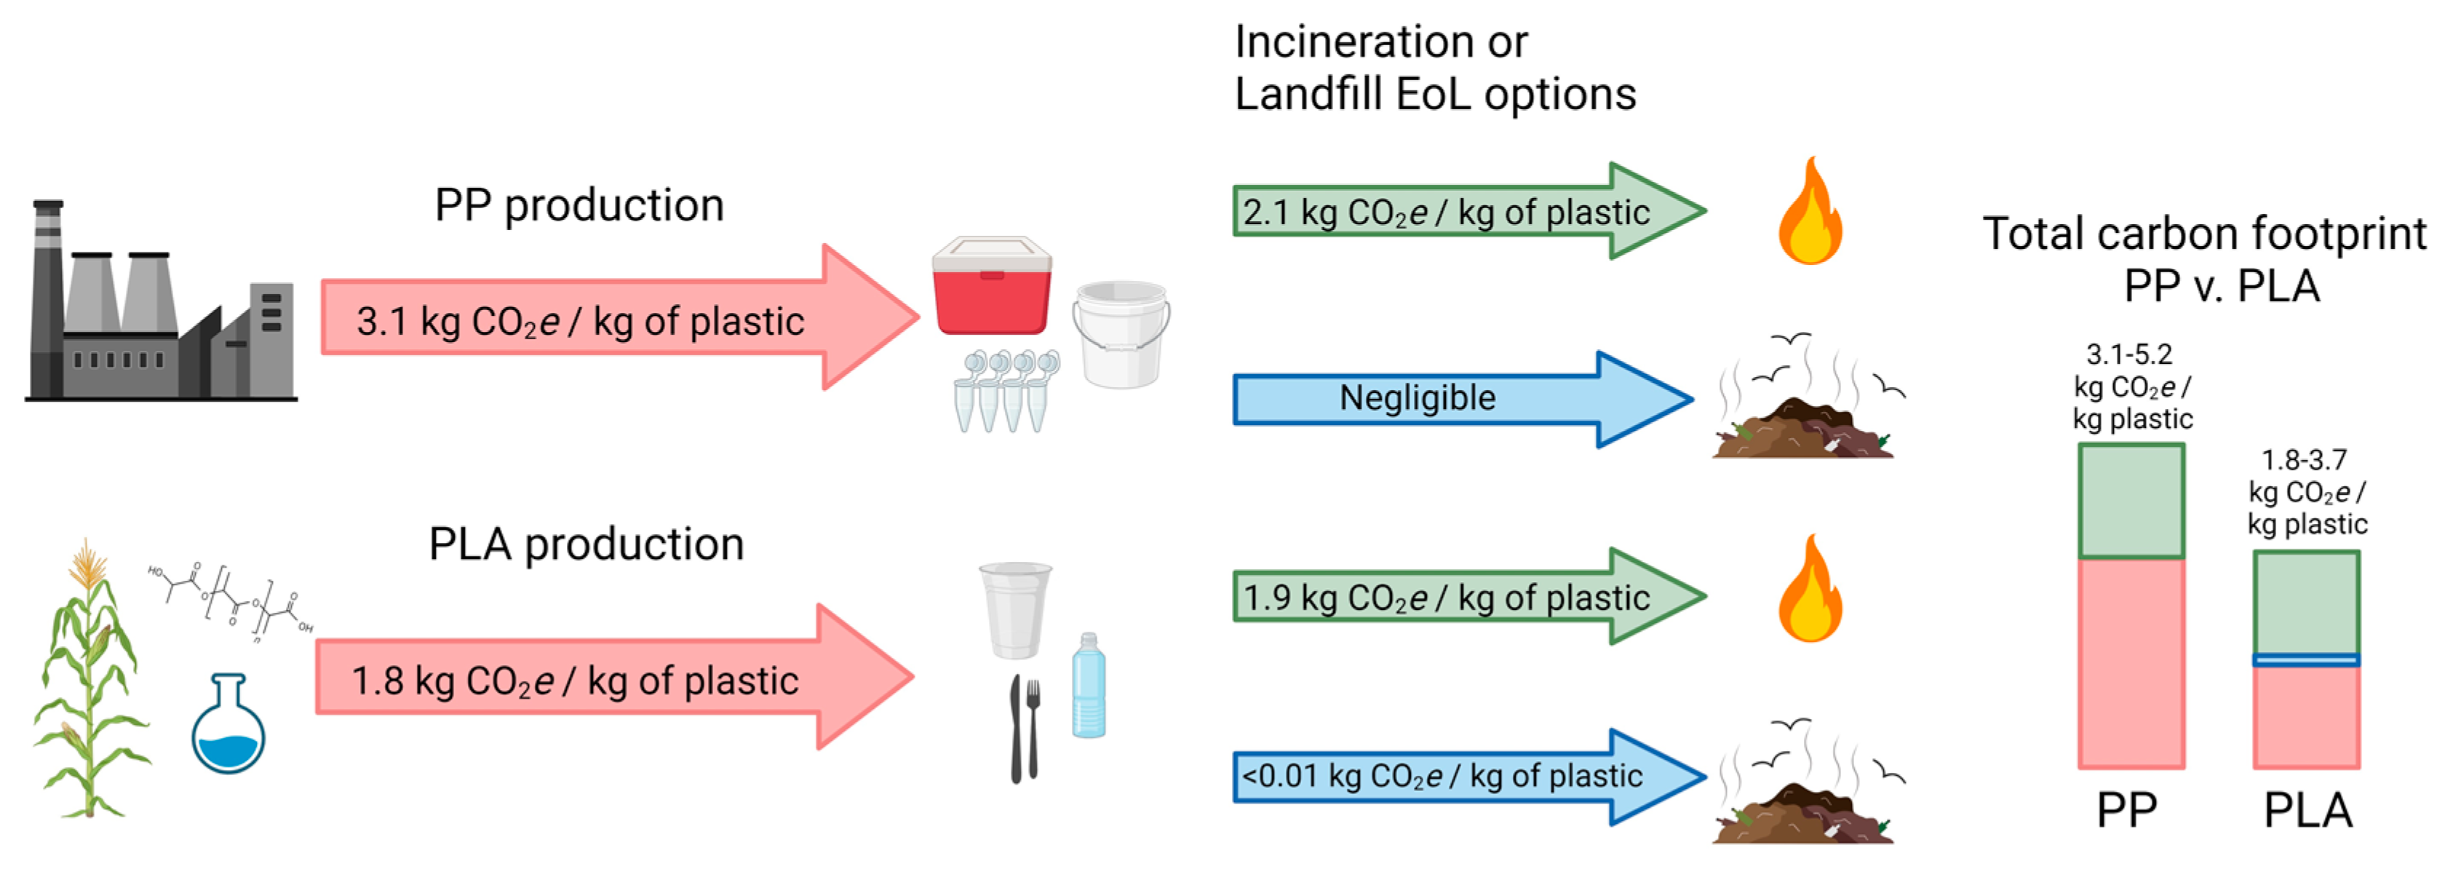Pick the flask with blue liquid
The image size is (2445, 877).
228,726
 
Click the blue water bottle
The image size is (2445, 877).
1089,687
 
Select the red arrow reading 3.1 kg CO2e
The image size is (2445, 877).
617,319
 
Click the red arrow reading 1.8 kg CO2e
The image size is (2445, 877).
612,678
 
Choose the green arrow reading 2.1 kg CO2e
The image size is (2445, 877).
1466,211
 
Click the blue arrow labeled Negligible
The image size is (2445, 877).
1462,399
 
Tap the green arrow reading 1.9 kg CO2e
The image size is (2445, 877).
1466,596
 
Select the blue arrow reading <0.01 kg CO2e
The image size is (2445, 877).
1466,777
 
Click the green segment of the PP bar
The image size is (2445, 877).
2131,501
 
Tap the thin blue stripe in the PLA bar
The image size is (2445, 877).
2307,659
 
